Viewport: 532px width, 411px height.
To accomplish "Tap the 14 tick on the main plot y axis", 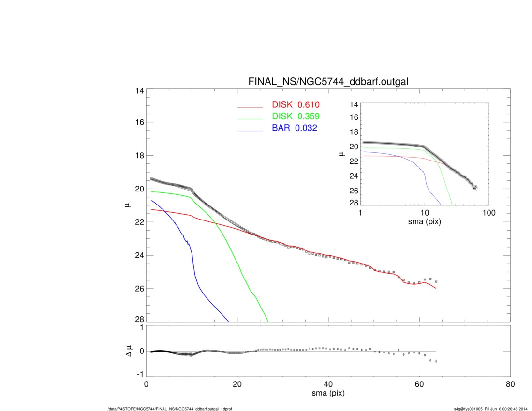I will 139,90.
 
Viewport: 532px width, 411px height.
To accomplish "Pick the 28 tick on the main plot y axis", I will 139,321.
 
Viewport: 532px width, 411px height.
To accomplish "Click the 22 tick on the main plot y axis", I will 139,222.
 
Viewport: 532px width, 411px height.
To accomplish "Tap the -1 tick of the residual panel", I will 140,374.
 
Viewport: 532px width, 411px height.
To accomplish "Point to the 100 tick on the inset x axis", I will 488,213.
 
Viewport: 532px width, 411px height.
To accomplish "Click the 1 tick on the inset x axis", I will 361,213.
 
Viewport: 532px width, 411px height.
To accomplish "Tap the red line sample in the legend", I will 250,108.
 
